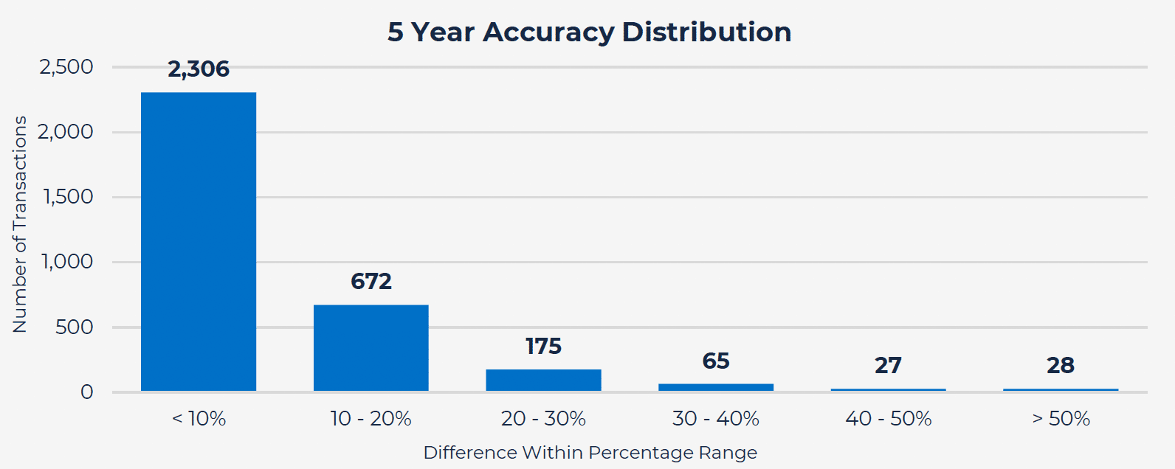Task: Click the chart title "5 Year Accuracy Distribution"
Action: tap(589, 32)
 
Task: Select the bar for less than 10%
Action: tap(199, 241)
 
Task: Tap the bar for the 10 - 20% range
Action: tap(371, 347)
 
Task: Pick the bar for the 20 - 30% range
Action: tap(543, 380)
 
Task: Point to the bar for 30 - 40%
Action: tap(716, 387)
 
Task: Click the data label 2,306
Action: tap(199, 69)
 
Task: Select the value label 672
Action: tap(371, 281)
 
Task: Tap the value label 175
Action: tap(543, 346)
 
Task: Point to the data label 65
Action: tap(716, 361)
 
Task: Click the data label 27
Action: tap(888, 365)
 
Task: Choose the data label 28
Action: tap(1061, 365)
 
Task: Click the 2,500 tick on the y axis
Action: tap(66, 67)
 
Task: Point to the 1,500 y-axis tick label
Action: tap(68, 197)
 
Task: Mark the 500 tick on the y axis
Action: tap(75, 327)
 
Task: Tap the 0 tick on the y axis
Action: tap(87, 392)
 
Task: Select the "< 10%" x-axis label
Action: tap(199, 419)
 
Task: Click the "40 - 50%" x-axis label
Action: tap(888, 419)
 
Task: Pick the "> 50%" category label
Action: tap(1061, 419)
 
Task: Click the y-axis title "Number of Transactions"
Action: tap(20, 224)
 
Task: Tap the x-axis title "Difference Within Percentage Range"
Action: tap(590, 453)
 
